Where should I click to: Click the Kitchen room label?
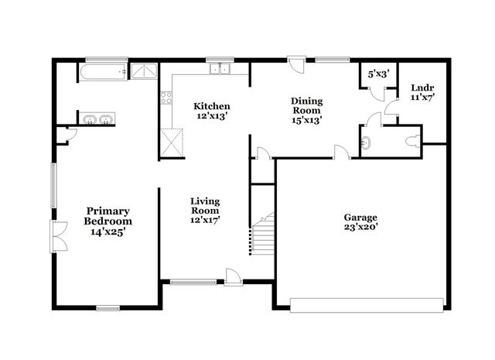tap(211, 106)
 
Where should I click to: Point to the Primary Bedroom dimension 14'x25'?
tap(108, 231)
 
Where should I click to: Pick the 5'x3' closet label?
tap(378, 74)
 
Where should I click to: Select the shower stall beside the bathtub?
tap(142, 71)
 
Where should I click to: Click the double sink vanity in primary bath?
tap(97, 120)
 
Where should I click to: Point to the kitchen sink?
tap(218, 70)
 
